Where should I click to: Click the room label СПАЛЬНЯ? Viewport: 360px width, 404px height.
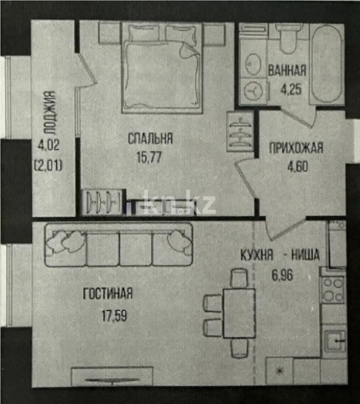pyautogui.click(x=150, y=138)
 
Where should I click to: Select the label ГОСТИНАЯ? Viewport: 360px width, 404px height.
pyautogui.click(x=107, y=294)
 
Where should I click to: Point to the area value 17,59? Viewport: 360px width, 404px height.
pyautogui.click(x=113, y=316)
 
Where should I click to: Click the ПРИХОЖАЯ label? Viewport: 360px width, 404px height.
pyautogui.click(x=296, y=149)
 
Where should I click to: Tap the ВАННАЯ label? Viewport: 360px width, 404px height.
pyautogui.click(x=287, y=70)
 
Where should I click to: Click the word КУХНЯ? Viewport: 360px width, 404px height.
pyautogui.click(x=258, y=255)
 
